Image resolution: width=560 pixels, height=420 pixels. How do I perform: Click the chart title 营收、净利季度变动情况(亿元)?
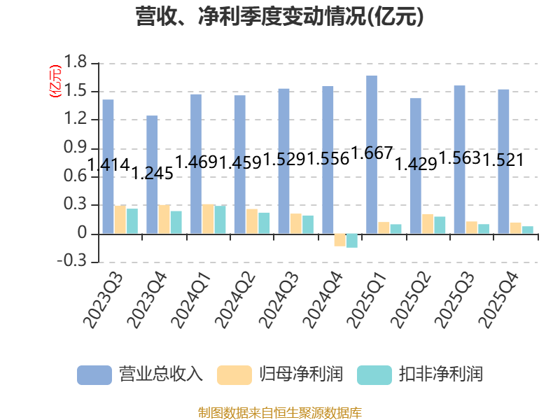tap(279, 16)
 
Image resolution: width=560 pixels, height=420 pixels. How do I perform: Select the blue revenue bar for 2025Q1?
tap(372, 155)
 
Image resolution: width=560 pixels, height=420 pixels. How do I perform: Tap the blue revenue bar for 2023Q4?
tap(152, 174)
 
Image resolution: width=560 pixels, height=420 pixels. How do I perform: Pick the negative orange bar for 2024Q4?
tap(339, 240)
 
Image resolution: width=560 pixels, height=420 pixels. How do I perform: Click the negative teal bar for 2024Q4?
tap(352, 241)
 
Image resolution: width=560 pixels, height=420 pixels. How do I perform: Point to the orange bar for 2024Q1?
tap(208, 219)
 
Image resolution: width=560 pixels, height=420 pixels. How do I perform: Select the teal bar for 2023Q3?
tap(132, 221)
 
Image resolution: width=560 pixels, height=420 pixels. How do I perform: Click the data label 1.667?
tap(372, 153)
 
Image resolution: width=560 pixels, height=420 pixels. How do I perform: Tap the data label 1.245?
tap(153, 173)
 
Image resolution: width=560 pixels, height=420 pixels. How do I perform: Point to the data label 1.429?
tap(416, 164)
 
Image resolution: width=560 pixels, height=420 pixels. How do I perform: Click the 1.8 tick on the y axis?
tap(75, 62)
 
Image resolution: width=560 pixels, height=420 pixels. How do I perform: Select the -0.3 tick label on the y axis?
tap(72, 261)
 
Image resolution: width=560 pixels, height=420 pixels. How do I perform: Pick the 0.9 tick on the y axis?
tap(75, 147)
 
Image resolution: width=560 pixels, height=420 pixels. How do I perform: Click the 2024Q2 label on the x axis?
tap(236, 300)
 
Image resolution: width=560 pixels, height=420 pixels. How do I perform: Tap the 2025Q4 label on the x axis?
tap(499, 300)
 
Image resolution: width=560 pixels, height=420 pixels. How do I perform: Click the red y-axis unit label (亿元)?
tap(55, 81)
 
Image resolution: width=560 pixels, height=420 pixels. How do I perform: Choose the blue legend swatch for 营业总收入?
tap(94, 375)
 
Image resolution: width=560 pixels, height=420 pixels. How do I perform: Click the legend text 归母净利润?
tap(301, 374)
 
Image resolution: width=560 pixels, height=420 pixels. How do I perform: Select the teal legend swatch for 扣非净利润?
tap(374, 375)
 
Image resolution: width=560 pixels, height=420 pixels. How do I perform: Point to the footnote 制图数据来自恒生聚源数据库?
tap(279, 413)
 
